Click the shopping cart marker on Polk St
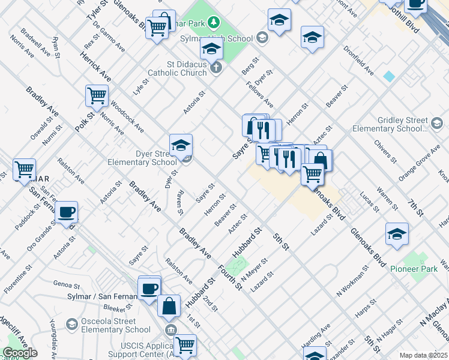pos(97,95)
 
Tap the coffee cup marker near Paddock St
pos(66,211)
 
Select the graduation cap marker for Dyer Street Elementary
pos(181,144)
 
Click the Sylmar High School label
pos(216,38)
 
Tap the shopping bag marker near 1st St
pos(169,305)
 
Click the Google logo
pos(20,353)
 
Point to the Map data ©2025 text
pos(423,355)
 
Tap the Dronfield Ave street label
pos(359,65)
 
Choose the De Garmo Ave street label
pos(113,40)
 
